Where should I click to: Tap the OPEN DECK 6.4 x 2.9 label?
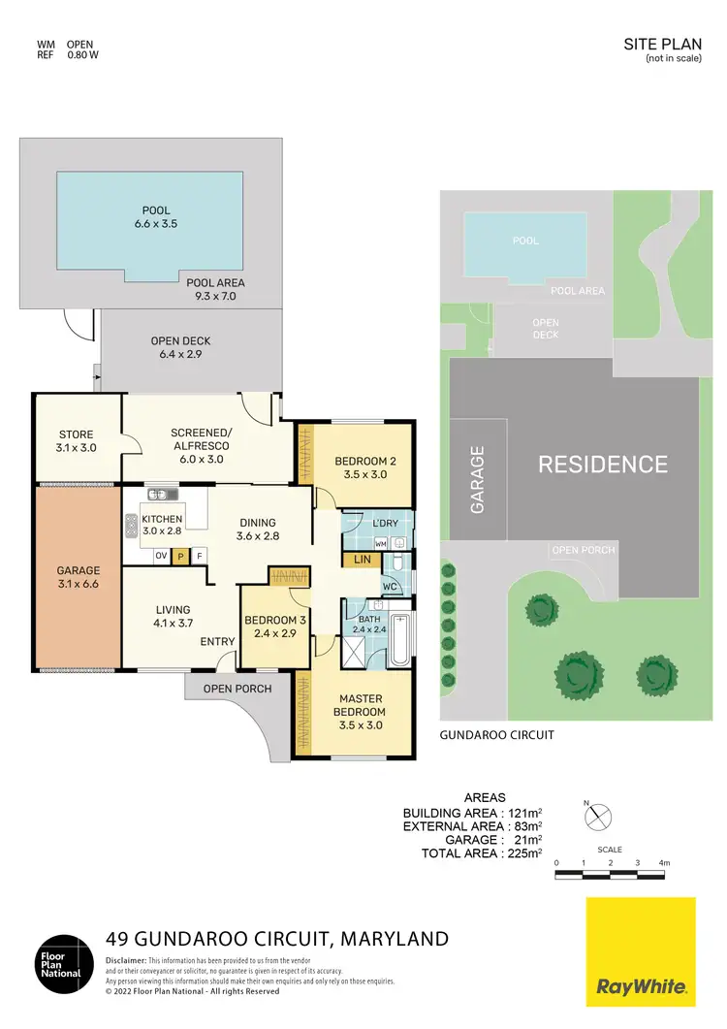[x=180, y=347]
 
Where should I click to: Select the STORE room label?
[x=75, y=440]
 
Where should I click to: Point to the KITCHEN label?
[x=162, y=525]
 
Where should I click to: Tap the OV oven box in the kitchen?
[x=161, y=556]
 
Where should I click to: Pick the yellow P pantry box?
[x=180, y=556]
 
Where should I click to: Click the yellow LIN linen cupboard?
[x=363, y=560]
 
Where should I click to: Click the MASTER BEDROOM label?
[x=360, y=705]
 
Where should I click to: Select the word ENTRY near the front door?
[x=218, y=642]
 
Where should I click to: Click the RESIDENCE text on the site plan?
[x=603, y=465]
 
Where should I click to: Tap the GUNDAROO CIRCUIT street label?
[x=497, y=735]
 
